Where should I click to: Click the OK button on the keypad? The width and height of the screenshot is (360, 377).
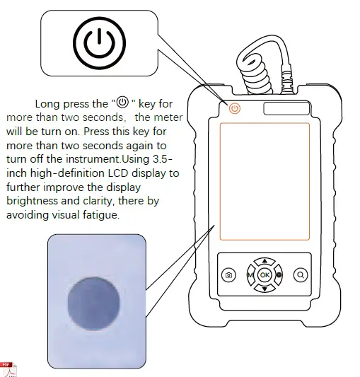pyautogui.click(x=265, y=274)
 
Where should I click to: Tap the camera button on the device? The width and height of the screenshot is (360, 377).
pyautogui.click(x=228, y=274)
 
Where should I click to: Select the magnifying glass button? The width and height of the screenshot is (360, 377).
pyautogui.click(x=301, y=274)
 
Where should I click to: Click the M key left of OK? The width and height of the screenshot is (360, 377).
pyautogui.click(x=250, y=274)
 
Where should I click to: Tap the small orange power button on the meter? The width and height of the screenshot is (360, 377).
pyautogui.click(x=235, y=108)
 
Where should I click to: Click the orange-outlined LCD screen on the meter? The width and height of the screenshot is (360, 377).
pyautogui.click(x=265, y=180)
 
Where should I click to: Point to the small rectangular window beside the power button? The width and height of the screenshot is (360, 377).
pyautogui.click(x=281, y=108)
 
